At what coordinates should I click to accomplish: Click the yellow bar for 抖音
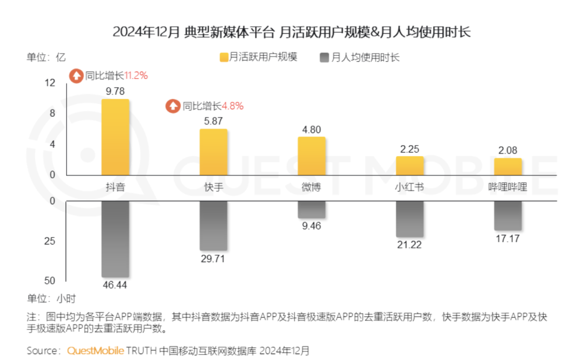click(115, 137)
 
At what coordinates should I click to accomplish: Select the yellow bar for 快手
click(213, 152)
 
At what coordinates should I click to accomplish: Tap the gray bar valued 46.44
click(115, 239)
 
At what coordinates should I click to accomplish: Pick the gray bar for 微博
click(311, 209)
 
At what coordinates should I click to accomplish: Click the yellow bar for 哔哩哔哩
click(508, 166)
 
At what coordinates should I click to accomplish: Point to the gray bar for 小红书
click(410, 219)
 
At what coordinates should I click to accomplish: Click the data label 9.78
click(115, 91)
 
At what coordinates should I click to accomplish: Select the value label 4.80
click(311, 129)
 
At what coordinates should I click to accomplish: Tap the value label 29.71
click(213, 259)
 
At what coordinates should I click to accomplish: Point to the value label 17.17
click(508, 239)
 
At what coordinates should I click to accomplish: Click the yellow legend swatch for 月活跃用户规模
click(224, 57)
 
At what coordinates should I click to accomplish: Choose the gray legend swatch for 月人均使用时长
click(325, 57)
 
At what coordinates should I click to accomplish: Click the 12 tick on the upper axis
click(50, 82)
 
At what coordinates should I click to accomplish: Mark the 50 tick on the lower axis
click(50, 280)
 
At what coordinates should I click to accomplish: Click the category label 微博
click(311, 187)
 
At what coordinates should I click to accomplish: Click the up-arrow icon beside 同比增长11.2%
click(76, 76)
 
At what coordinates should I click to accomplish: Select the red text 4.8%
click(233, 106)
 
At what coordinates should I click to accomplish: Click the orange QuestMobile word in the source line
click(95, 351)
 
